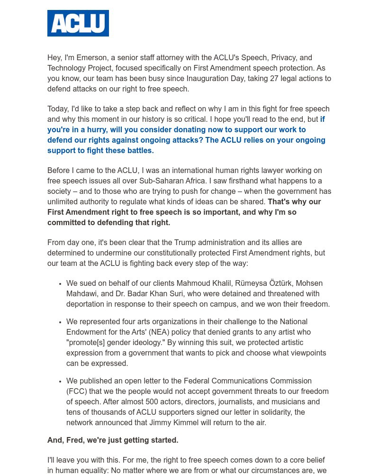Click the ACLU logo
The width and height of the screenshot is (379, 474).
pos(78,23)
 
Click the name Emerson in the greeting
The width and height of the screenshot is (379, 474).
pos(91,58)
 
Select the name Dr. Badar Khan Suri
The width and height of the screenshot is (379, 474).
pos(150,294)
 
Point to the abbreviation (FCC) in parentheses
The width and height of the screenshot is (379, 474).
pos(77,392)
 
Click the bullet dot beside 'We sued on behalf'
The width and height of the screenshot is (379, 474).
pos(60,284)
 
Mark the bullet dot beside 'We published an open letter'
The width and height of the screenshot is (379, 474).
pos(60,382)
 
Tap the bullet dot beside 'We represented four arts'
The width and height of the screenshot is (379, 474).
pos(60,322)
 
